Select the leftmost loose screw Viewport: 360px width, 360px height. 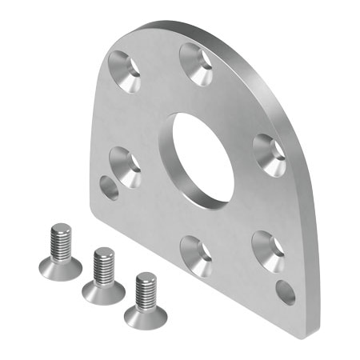58,253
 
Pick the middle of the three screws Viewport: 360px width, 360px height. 102,277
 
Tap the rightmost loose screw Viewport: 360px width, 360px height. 146,300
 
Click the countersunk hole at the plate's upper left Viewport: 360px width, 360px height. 125,70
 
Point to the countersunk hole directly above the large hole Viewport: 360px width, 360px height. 195,63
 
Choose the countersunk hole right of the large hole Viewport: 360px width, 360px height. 270,154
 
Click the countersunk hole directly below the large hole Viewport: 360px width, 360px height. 194,254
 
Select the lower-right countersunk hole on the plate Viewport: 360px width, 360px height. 268,250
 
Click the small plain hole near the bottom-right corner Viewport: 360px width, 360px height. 285,292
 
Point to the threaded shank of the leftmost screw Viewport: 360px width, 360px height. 60,239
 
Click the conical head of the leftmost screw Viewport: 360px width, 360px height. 57,266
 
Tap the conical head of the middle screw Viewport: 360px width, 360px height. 102,290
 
